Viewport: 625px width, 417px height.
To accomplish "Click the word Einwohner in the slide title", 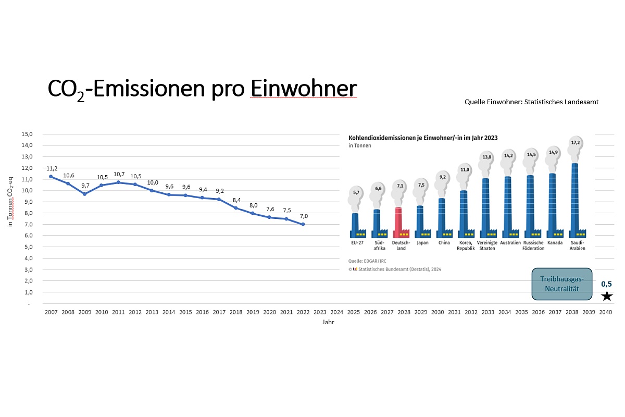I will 304,89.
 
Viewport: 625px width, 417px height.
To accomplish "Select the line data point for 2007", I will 51,177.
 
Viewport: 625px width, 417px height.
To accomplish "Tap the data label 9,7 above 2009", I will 85,186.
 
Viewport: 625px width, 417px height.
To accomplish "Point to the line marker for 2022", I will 303,224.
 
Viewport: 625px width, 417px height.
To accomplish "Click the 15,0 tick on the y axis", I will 27,134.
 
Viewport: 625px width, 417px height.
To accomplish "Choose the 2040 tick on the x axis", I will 606,312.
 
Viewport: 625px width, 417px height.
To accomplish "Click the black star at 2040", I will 607,297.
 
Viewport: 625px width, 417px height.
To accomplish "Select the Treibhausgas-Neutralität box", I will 561,284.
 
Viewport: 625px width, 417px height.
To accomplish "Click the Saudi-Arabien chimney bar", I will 574,198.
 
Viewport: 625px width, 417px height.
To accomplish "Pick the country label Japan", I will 423,242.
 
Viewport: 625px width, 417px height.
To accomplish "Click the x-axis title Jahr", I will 328,322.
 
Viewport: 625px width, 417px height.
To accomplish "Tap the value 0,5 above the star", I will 606,284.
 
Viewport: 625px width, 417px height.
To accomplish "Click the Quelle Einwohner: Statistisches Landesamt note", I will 531,102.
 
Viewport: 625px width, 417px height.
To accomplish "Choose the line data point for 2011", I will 119,182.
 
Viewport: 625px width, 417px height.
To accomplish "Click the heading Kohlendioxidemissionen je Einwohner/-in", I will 422,138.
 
